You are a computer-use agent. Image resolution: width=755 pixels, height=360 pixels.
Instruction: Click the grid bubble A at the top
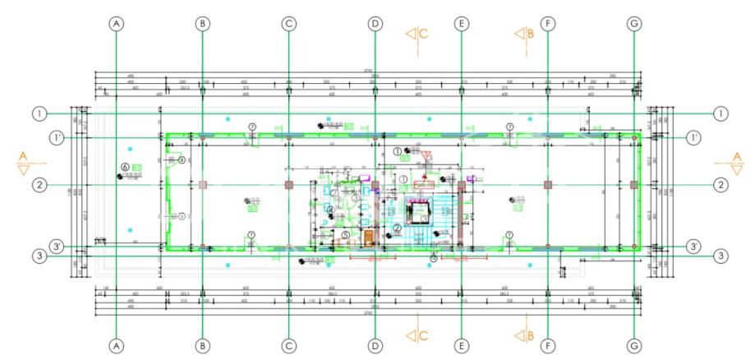(117, 24)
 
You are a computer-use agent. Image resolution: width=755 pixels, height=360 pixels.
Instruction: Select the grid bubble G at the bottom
(633, 346)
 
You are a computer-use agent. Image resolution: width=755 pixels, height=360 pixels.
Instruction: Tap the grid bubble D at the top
(375, 24)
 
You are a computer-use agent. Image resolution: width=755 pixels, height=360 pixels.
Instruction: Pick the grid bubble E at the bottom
(461, 346)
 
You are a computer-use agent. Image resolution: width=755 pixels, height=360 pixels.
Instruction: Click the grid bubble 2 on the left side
(39, 185)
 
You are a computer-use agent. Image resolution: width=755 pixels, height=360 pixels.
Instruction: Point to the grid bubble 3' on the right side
(694, 246)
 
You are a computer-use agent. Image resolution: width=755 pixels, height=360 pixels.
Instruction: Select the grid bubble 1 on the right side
(720, 113)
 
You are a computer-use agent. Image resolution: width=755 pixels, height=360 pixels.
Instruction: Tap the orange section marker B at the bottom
(524, 336)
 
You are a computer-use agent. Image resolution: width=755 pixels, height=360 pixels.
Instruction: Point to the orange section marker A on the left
(22, 161)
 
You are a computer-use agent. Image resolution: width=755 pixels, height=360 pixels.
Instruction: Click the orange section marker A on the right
(736, 161)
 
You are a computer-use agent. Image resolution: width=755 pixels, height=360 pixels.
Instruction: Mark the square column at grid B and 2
(203, 185)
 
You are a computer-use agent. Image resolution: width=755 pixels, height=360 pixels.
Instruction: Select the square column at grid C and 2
(289, 185)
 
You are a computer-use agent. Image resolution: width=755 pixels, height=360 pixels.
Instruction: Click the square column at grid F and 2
(547, 185)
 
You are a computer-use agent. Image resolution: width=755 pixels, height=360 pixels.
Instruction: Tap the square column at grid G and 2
(633, 185)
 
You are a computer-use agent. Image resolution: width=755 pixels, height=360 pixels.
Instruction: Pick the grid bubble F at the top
(547, 24)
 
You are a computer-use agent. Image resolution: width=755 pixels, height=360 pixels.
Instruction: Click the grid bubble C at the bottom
(289, 346)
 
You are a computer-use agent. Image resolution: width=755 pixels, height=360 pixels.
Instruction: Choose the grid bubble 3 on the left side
(39, 256)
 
